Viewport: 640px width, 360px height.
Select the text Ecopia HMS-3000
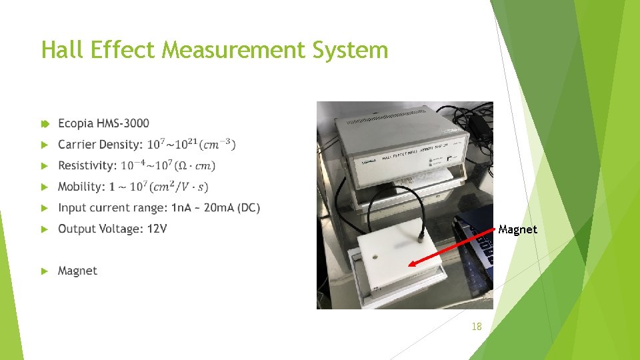[103, 123]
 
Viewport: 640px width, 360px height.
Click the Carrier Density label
[100, 145]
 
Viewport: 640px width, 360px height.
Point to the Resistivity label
[87, 165]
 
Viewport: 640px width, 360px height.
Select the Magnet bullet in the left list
[77, 271]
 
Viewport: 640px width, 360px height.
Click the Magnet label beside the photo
[517, 229]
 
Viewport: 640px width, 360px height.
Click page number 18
[476, 326]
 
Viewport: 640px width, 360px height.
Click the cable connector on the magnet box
[421, 236]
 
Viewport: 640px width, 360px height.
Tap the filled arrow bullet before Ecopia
[45, 123]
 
